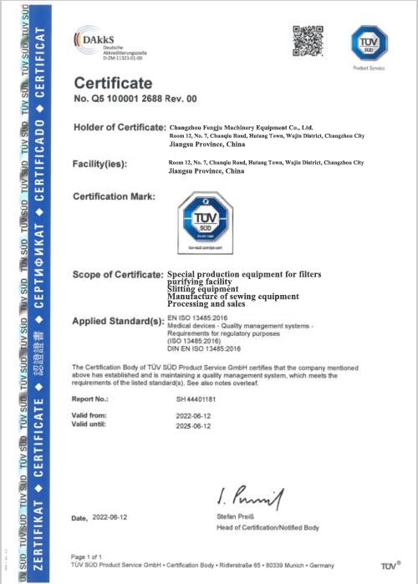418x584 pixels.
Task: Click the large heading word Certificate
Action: (114, 84)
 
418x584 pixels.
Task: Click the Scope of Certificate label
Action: (118, 275)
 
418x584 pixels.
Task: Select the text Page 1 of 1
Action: (89, 556)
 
